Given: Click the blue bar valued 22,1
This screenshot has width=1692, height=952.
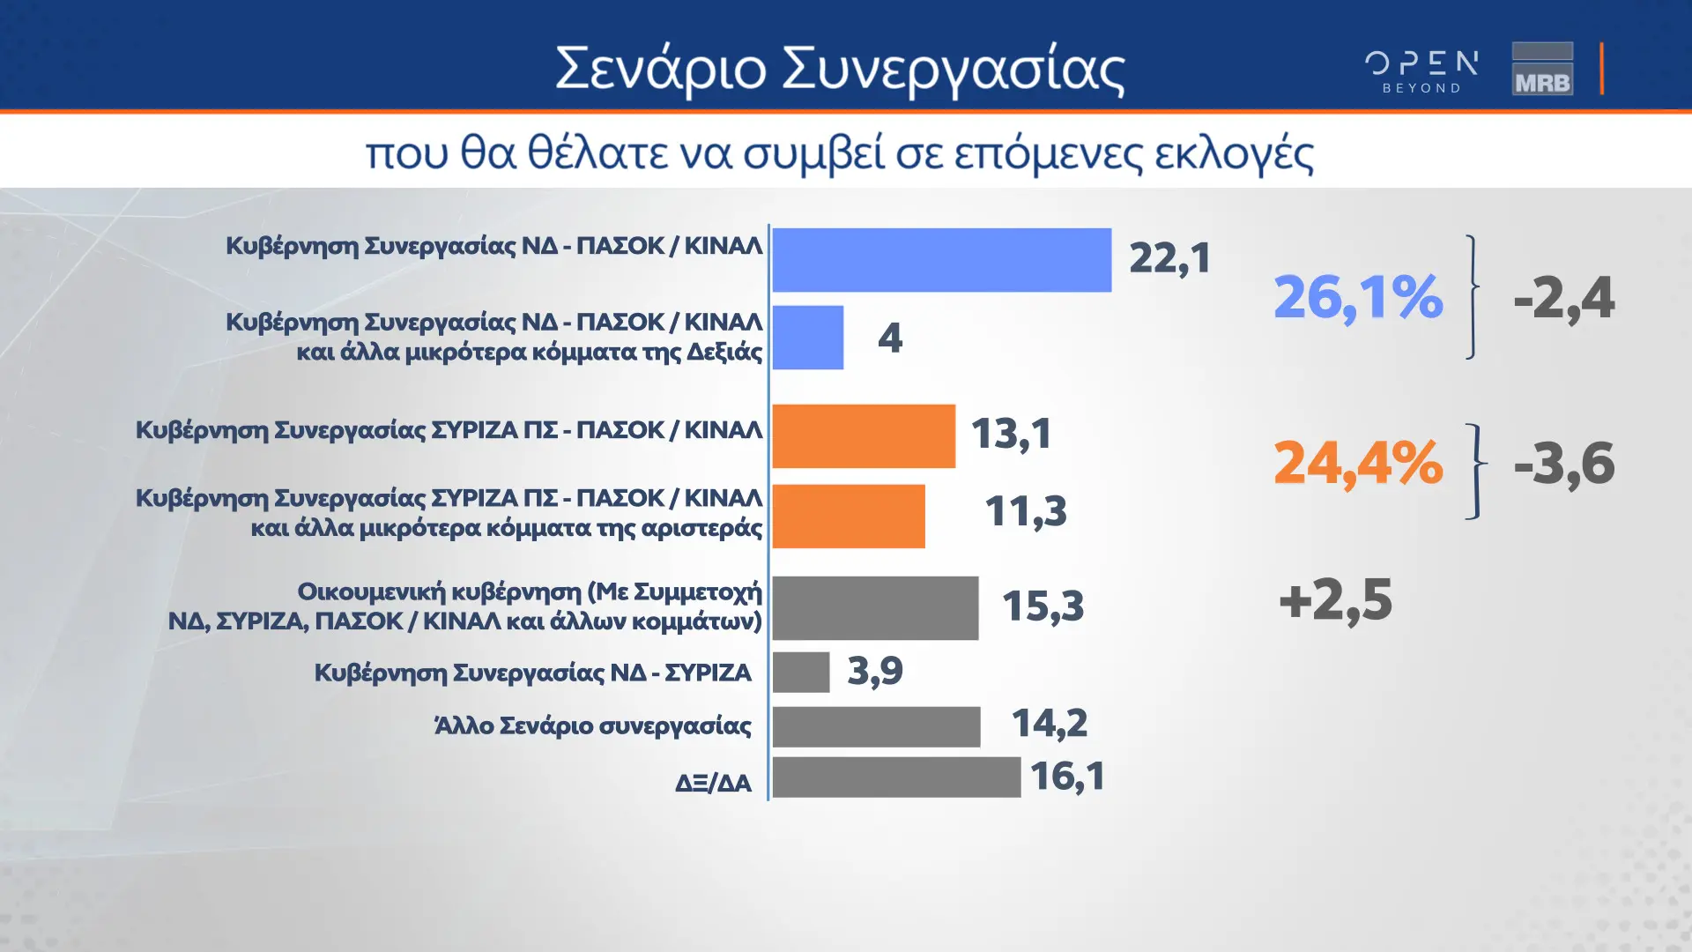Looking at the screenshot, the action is [942, 260].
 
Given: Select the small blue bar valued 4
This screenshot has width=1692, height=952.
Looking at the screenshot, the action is [808, 338].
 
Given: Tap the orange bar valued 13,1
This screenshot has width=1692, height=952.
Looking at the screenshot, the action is [864, 436].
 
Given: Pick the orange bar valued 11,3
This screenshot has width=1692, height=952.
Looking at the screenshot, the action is [849, 516].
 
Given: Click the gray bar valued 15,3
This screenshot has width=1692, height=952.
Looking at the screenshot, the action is [875, 608].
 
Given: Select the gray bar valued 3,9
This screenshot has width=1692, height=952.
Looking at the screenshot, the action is [801, 673].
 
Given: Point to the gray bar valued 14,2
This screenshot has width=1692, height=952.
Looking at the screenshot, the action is [876, 726].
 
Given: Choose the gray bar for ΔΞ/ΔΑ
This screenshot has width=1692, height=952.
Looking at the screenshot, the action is [896, 777].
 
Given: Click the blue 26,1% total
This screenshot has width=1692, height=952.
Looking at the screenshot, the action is [1358, 297].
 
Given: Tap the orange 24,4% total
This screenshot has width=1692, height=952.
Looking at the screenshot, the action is [1358, 463].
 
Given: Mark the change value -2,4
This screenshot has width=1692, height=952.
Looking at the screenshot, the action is [1564, 298].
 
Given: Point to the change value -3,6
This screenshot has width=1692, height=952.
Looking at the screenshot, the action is [1564, 464].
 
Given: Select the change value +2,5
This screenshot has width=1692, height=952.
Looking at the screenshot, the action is [1336, 600].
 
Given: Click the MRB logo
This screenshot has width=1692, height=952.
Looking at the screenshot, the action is [1542, 68].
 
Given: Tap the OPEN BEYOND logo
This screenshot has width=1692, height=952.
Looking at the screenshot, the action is [1421, 71].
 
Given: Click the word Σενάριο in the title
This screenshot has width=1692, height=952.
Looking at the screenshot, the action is [661, 69].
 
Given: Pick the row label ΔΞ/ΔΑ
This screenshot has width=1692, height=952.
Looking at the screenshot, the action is [713, 783].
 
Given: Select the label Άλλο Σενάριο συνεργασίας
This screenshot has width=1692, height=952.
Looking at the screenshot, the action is [593, 726].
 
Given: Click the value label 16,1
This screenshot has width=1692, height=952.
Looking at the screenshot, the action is [1067, 777].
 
